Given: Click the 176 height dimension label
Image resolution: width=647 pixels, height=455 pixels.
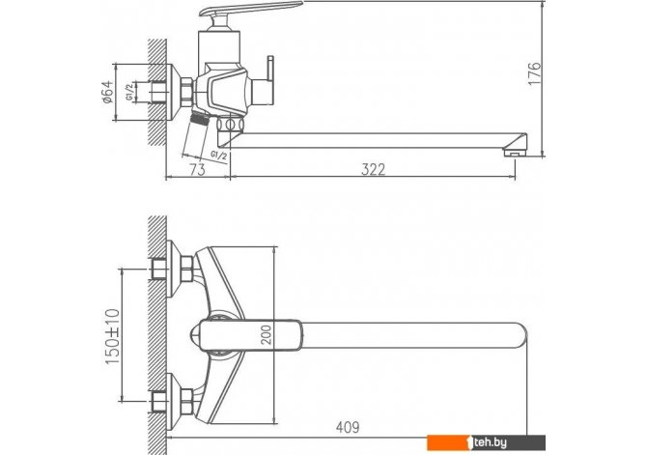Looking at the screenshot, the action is click(534, 73).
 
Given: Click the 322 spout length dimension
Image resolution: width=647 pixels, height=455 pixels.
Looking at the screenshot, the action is click(374, 169).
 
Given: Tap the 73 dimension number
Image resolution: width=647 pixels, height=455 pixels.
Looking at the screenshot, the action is click(198, 169).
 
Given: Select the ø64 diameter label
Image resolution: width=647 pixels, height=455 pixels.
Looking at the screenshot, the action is click(107, 92).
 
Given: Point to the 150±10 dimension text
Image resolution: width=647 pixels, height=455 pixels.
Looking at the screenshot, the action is click(113, 336).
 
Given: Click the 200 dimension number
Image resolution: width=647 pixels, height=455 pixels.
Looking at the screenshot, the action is click(267, 335).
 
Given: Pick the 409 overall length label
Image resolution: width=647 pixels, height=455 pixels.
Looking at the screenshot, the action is click(348, 428).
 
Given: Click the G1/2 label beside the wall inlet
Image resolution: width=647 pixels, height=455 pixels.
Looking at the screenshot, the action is click(130, 92).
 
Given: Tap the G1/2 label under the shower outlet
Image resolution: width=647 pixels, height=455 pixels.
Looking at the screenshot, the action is click(218, 156).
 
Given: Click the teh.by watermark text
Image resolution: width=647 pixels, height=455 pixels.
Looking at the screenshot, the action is click(490, 442).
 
